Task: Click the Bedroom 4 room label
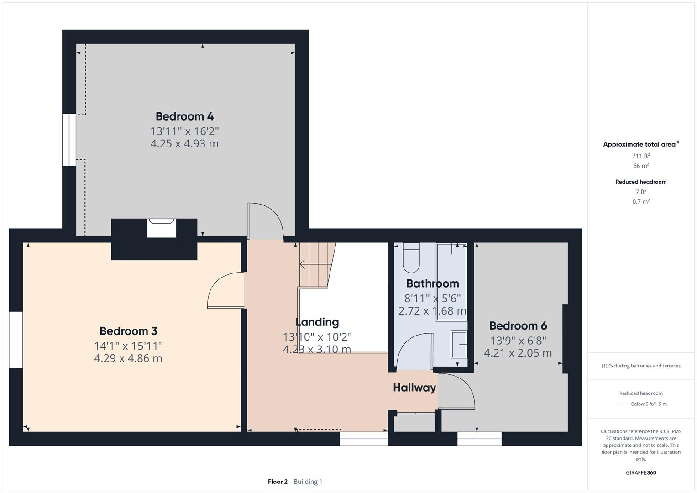pyautogui.click(x=184, y=116)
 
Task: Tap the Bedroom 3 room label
pyautogui.click(x=128, y=331)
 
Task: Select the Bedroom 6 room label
pyautogui.click(x=518, y=325)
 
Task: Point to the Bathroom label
pyautogui.click(x=432, y=283)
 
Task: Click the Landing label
pyautogui.click(x=317, y=322)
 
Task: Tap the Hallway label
pyautogui.click(x=414, y=388)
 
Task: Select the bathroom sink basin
pyautogui.click(x=459, y=344)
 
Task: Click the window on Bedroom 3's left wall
pyautogui.click(x=16, y=340)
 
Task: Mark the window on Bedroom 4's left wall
pyautogui.click(x=69, y=140)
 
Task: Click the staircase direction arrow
pyautogui.click(x=303, y=264)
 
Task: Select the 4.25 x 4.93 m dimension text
pyautogui.click(x=184, y=144)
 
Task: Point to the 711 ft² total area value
pyautogui.click(x=641, y=156)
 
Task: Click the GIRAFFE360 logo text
pyautogui.click(x=641, y=472)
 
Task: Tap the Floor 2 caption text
pyautogui.click(x=278, y=482)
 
